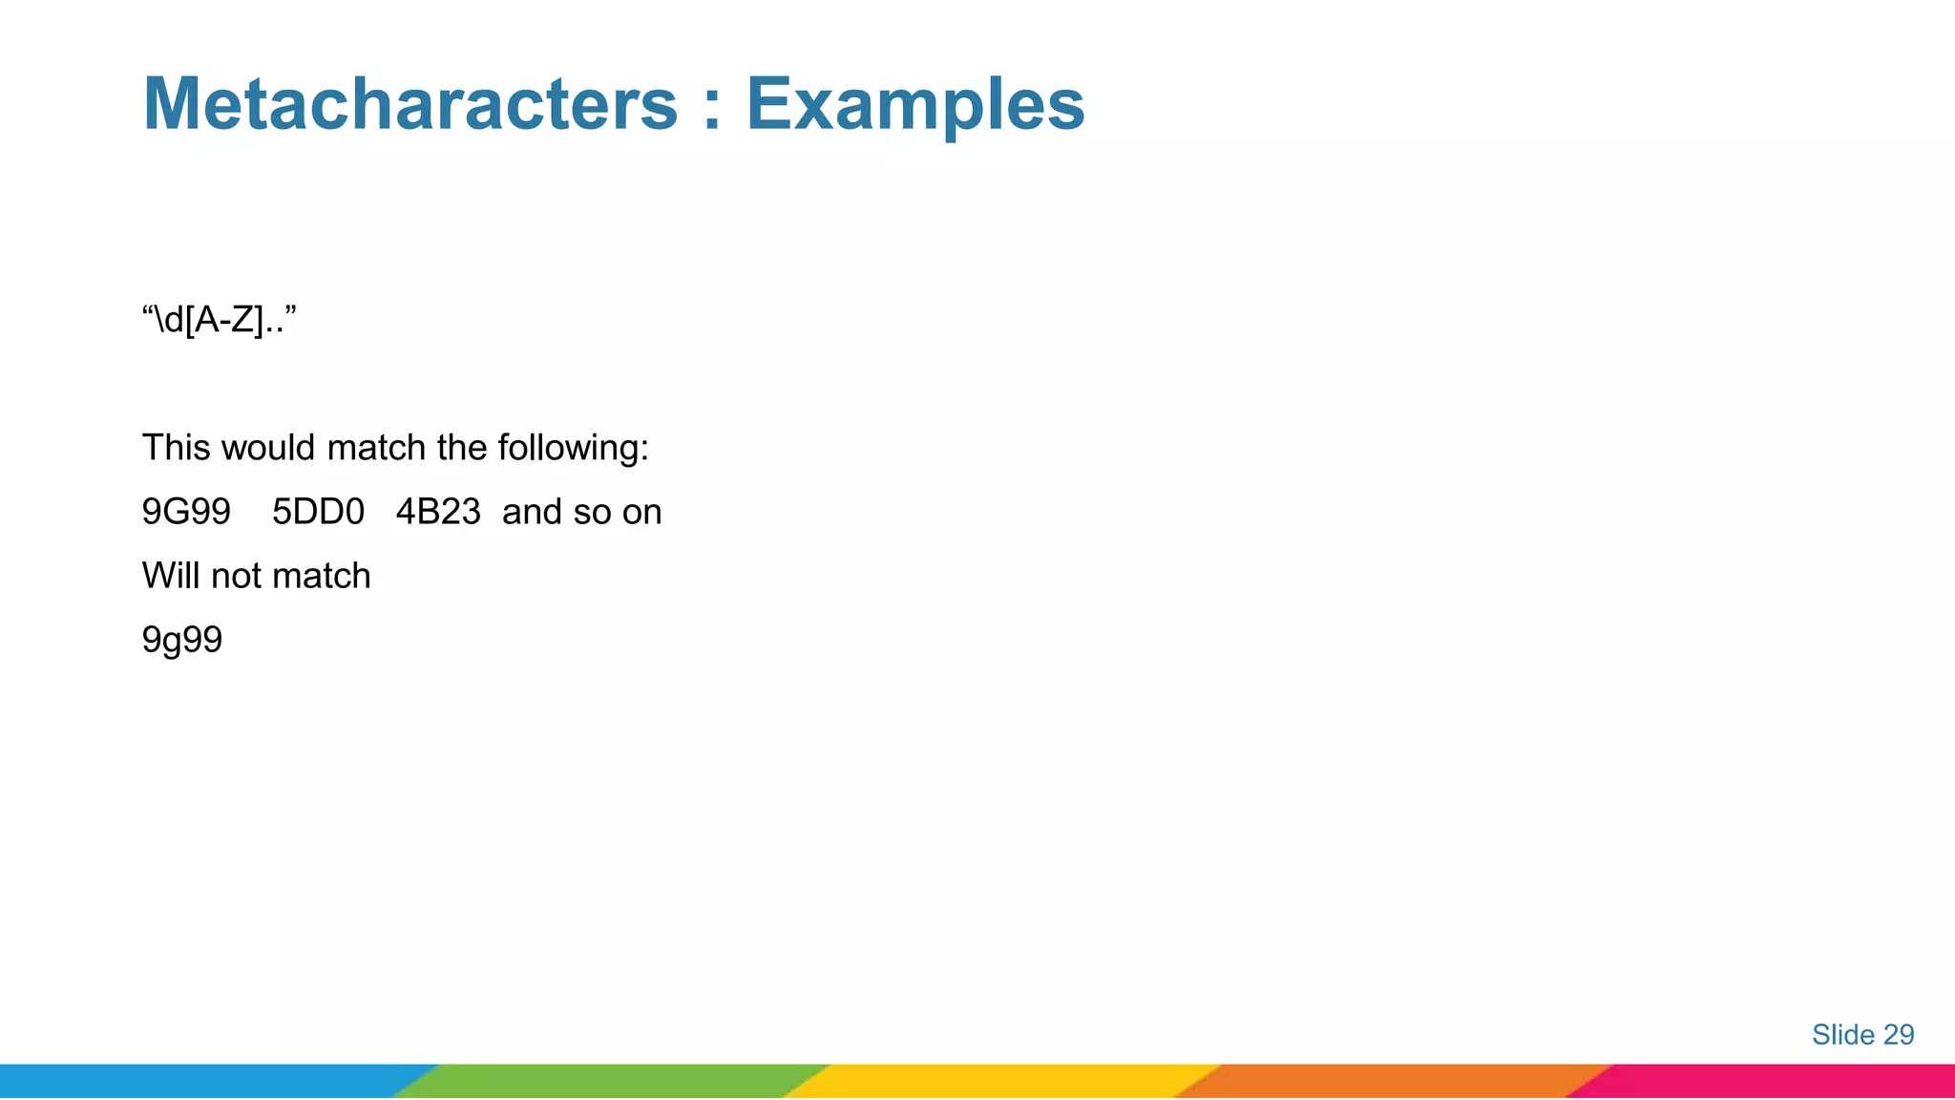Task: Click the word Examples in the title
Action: tap(914, 105)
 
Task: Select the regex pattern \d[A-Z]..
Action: tap(219, 320)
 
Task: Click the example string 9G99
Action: tap(186, 512)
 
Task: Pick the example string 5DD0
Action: tap(318, 512)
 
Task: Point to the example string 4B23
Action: tap(438, 512)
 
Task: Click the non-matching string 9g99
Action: tap(182, 640)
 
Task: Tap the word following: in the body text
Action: tap(573, 449)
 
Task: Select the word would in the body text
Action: tap(269, 448)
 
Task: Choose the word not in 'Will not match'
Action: tap(235, 576)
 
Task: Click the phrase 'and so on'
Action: tap(581, 512)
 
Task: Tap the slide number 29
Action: tap(1898, 1034)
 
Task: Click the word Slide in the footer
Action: tap(1842, 1034)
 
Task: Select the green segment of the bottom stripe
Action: tap(611, 1081)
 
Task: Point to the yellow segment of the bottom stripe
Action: tap(1002, 1081)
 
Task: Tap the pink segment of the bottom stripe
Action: tap(1776, 1081)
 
